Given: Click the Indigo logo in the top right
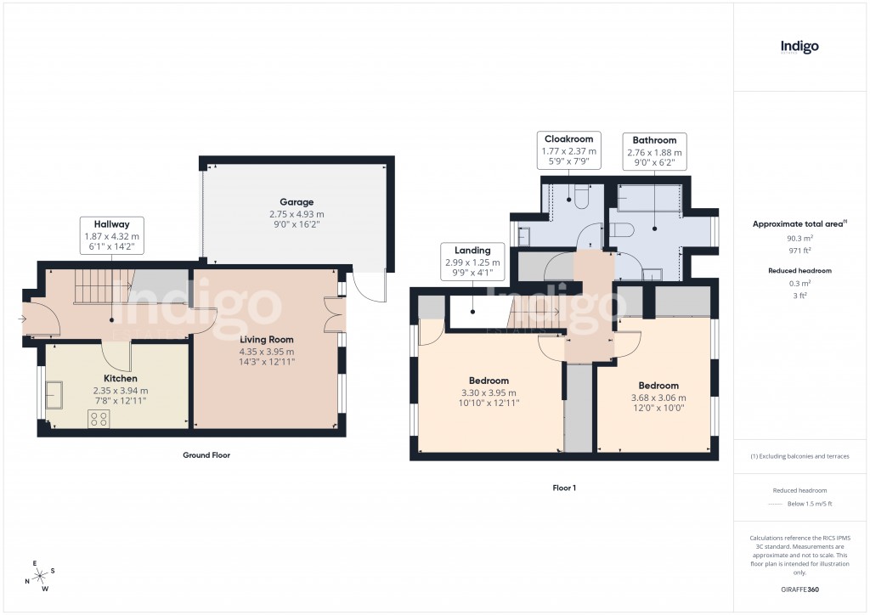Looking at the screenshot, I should [x=799, y=48].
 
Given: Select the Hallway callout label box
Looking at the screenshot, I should [x=111, y=234].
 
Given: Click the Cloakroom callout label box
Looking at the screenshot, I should [x=568, y=150].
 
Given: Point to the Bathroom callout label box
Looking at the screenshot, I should [x=654, y=151].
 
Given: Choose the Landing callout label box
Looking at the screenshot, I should [x=472, y=262].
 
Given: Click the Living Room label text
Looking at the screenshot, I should [x=266, y=340].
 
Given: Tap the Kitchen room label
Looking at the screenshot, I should [x=120, y=378].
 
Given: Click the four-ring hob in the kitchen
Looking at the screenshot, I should [x=99, y=417].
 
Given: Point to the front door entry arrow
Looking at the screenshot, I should [x=20, y=320].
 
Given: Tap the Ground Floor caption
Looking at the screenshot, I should [x=206, y=455].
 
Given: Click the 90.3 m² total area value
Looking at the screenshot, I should [x=799, y=239].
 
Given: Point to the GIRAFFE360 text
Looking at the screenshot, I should [x=800, y=590].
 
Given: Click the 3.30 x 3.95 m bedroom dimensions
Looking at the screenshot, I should [x=489, y=392].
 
